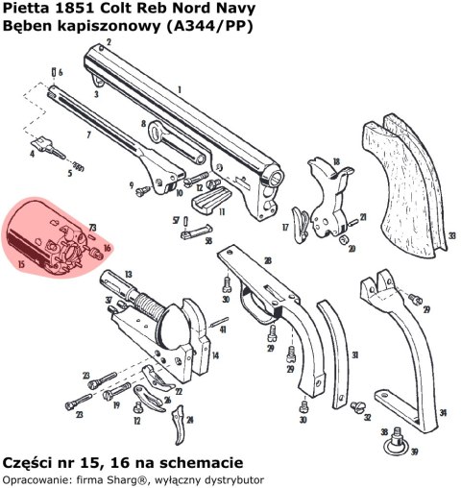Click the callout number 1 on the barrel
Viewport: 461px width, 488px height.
tap(180, 88)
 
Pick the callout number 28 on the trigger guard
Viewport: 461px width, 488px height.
tap(267, 260)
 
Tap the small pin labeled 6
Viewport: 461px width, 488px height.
tap(52, 72)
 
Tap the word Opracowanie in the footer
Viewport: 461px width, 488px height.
tap(34, 477)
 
